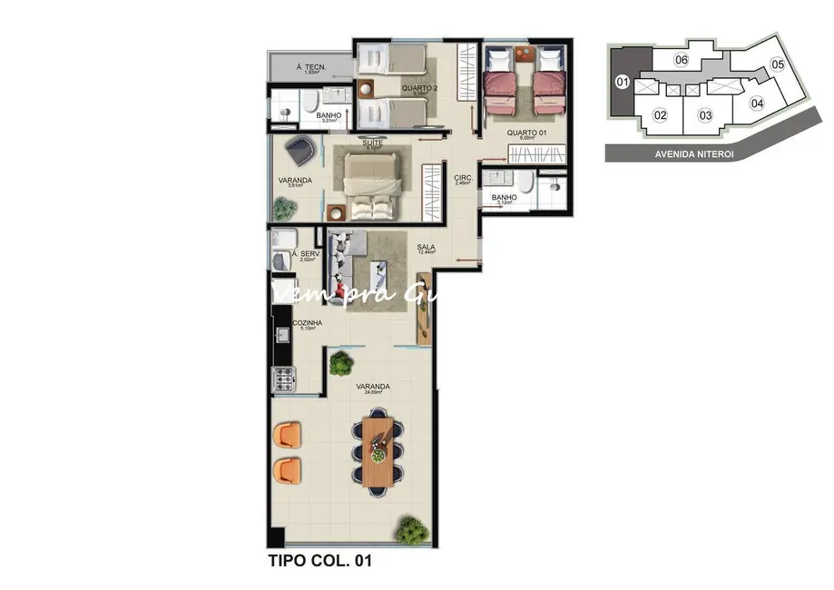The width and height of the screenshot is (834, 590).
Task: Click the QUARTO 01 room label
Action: pos(525,133)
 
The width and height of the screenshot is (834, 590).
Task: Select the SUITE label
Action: pos(371,143)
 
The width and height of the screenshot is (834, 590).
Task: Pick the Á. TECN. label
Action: pos(311,67)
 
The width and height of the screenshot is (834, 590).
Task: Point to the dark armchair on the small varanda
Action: pos(300,148)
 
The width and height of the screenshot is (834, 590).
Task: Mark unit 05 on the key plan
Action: pos(777,64)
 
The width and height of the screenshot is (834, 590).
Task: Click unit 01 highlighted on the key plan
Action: pos(623,82)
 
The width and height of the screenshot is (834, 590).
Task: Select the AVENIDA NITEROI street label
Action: pos(694,154)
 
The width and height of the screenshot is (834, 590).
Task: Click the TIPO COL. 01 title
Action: pos(320,561)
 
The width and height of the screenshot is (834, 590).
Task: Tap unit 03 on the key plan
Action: pos(704,114)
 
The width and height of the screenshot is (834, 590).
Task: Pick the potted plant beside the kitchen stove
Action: pos(341,364)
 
